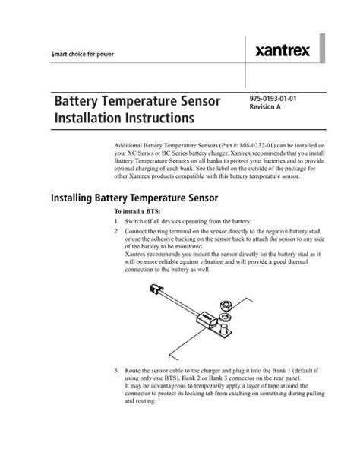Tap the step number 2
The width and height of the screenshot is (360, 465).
[x=116, y=230]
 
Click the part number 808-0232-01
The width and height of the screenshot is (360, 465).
[x=247, y=144]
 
